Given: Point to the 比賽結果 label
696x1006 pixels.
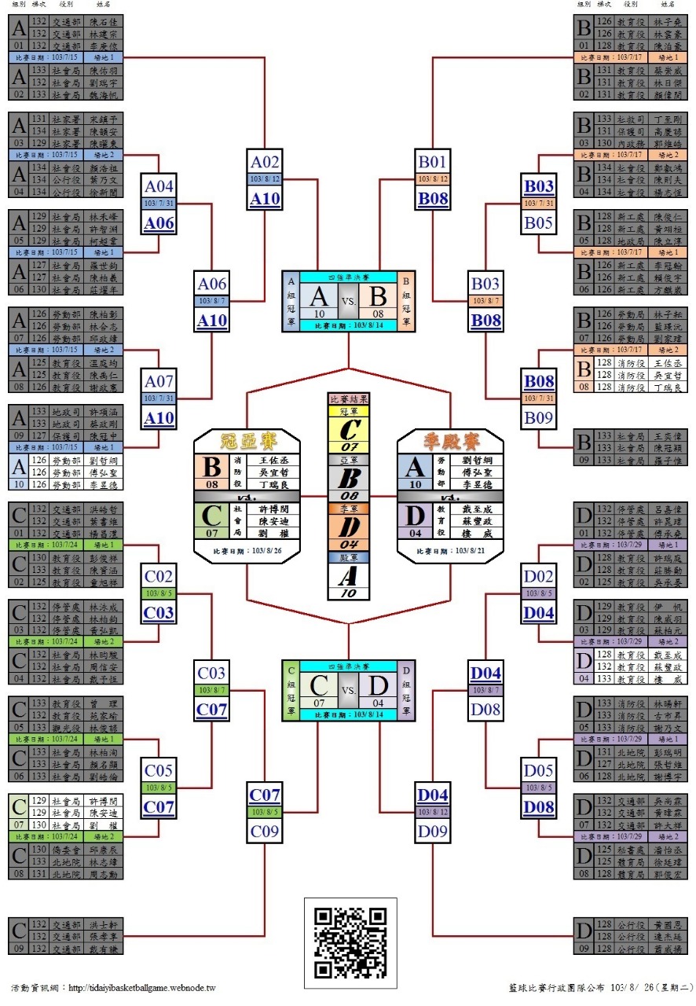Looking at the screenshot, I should [x=348, y=399].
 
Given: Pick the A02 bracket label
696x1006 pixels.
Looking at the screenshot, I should [x=266, y=162].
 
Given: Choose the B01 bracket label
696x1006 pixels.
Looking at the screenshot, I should [x=433, y=162].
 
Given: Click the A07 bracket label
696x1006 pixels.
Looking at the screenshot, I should [x=159, y=381].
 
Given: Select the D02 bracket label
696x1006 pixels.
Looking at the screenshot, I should [x=539, y=577].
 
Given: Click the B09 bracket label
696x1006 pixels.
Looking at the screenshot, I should [x=539, y=417].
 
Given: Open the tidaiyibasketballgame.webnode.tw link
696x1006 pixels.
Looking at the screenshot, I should [x=142, y=988].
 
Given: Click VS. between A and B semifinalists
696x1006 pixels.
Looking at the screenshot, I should [x=349, y=300].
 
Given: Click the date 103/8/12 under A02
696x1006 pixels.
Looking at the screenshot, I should [x=266, y=179].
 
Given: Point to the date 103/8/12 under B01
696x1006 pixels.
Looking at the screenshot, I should [x=433, y=179].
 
